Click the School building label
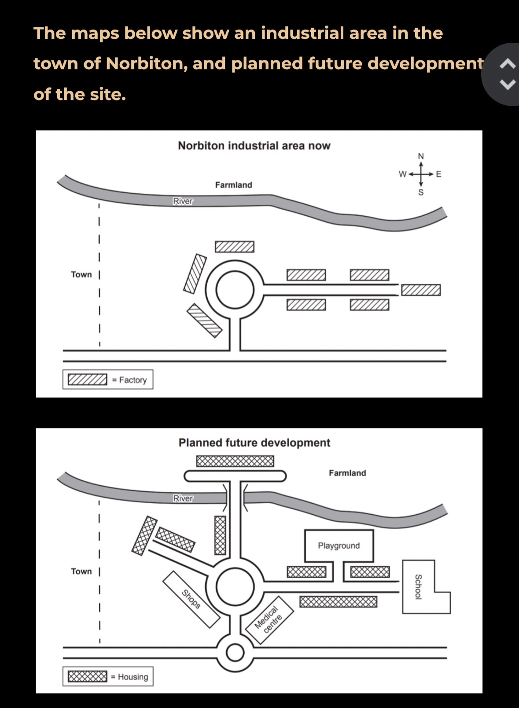coord(418,586)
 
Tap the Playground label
coord(339,546)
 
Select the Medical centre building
coord(269,620)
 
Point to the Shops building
coord(191,599)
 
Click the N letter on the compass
coord(421,156)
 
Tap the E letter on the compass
coord(438,174)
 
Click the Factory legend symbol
coord(88,380)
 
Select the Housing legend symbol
coord(88,676)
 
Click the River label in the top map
coord(183,201)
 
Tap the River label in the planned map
coord(183,498)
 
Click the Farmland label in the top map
coord(234,185)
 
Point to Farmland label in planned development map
coord(347,473)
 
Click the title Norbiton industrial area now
coord(254,146)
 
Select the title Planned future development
coord(254,443)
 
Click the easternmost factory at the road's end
coord(421,290)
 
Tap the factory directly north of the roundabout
coord(235,247)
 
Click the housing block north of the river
coord(235,461)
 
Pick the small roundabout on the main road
coord(235,653)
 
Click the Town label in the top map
coord(81,274)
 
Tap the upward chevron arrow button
coord(508,64)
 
